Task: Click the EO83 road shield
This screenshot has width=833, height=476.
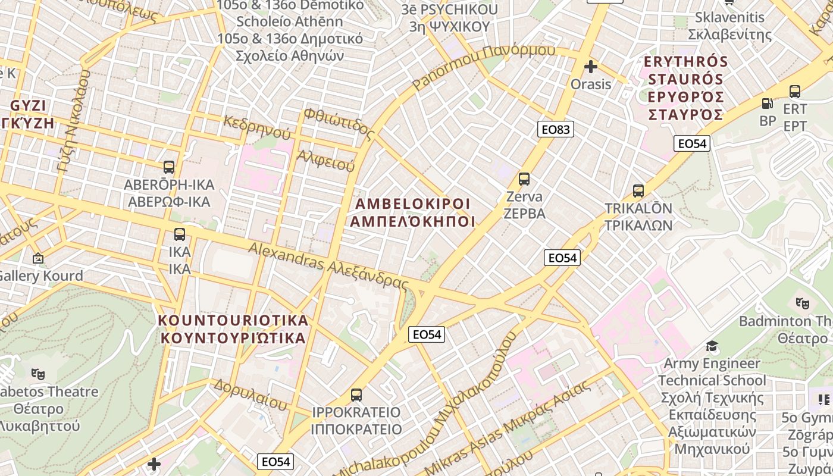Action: [556, 129]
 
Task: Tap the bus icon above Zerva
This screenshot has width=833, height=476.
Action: [524, 178]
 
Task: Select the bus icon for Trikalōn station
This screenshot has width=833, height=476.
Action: [638, 191]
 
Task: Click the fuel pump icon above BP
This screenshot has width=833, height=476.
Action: [768, 103]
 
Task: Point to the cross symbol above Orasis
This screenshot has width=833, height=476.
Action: [590, 67]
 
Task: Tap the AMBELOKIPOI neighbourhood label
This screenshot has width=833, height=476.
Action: [412, 204]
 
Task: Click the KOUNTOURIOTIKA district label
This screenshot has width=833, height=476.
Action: [233, 321]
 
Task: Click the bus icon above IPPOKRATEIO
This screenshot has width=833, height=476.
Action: [356, 394]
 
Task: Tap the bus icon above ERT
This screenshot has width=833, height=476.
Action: [795, 92]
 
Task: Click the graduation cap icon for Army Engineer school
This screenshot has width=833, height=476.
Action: [712, 346]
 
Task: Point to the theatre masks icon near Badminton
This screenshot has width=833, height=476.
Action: [802, 303]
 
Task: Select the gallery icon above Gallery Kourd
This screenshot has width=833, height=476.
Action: [38, 258]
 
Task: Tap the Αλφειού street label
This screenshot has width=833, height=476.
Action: [325, 159]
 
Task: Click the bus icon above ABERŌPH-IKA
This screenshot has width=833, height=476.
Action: [169, 167]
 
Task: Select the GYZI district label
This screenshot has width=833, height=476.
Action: [28, 106]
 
